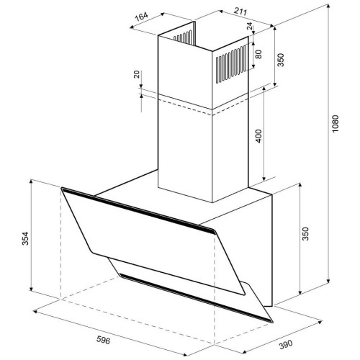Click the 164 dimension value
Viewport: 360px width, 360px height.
[142, 17]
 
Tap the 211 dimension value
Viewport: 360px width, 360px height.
[240, 12]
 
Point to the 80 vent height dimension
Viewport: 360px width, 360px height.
[258, 54]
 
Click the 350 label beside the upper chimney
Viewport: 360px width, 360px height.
[281, 60]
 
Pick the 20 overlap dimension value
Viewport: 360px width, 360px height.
[137, 74]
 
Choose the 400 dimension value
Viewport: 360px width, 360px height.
[258, 136]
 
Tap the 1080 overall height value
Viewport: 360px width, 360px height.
[335, 124]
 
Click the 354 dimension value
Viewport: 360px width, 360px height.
[25, 238]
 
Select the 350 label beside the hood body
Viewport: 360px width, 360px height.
[305, 234]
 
